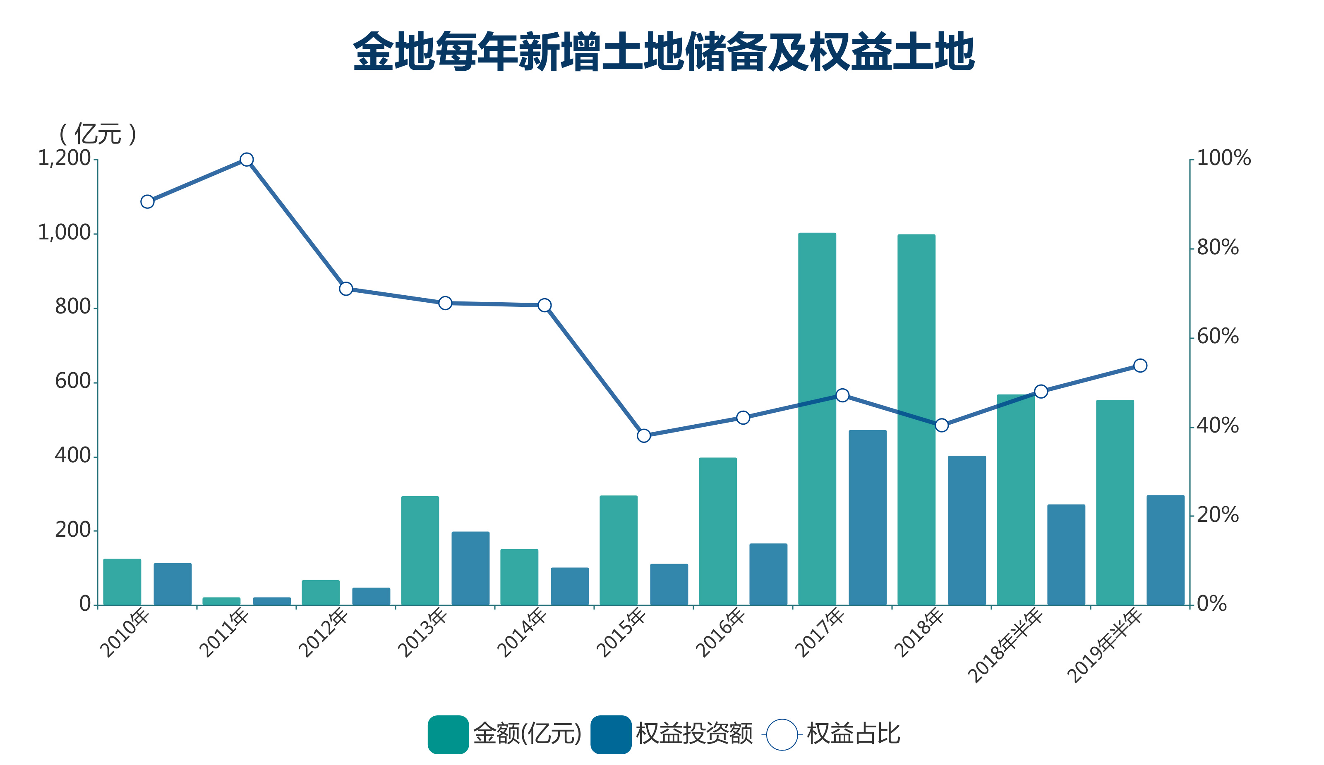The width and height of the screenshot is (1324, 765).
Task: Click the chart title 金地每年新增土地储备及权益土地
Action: tap(664, 51)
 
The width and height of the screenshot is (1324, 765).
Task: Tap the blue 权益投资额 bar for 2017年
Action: tap(868, 518)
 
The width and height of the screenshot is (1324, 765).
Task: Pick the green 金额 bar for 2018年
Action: tap(916, 420)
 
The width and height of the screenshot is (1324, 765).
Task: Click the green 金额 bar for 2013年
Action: tap(420, 551)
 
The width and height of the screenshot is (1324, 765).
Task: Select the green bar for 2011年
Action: tap(221, 601)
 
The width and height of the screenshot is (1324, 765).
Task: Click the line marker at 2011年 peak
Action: tap(247, 160)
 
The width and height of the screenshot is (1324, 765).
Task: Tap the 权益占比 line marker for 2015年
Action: tap(644, 436)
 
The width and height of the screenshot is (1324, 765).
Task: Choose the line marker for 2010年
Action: tap(147, 202)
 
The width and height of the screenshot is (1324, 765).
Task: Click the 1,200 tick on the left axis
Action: tap(64, 158)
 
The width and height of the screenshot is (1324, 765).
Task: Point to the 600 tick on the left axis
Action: tap(72, 381)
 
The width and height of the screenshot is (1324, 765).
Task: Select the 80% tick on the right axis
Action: tap(1217, 247)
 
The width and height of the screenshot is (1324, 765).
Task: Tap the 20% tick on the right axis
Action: tap(1217, 515)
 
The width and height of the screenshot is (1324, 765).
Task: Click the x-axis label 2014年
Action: tap(522, 632)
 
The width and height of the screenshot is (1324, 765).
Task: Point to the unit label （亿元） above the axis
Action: tap(98, 134)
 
